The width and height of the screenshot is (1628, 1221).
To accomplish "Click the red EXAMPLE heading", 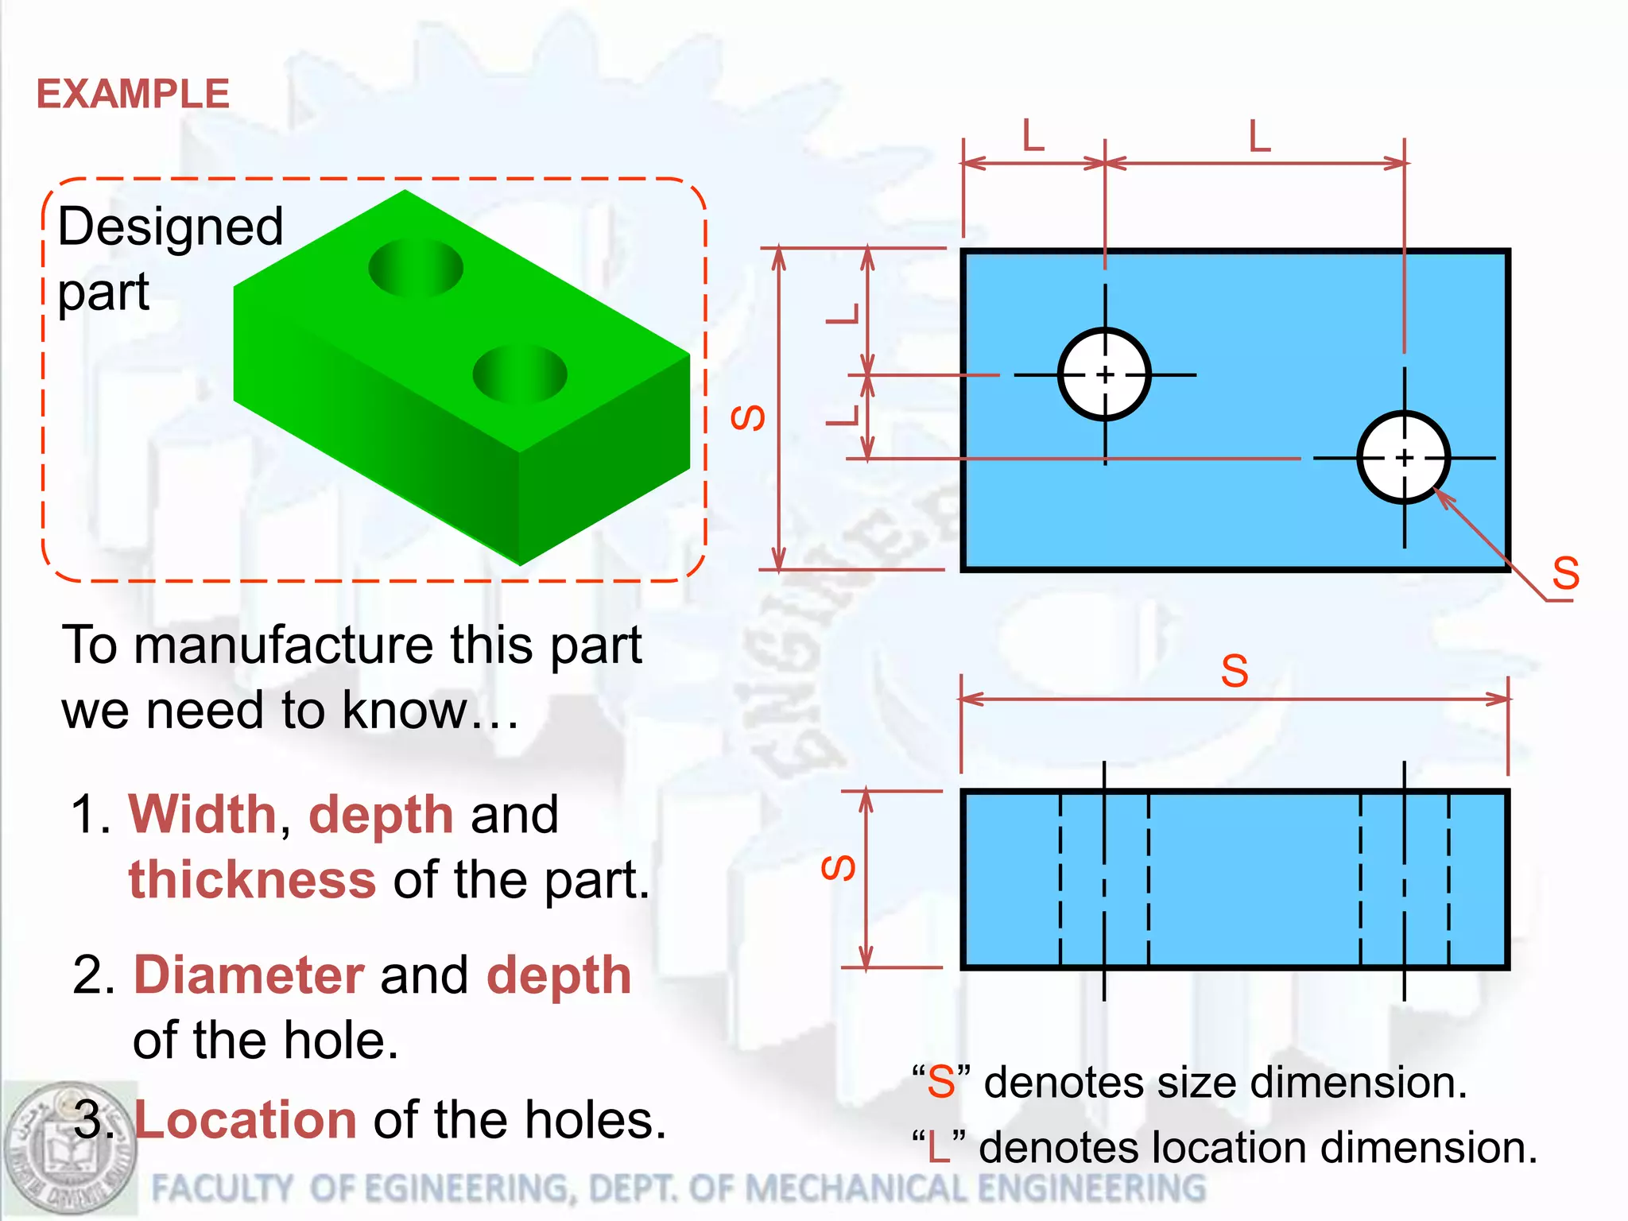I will pyautogui.click(x=133, y=94).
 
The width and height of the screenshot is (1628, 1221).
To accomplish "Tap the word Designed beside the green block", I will pyautogui.click(x=170, y=227).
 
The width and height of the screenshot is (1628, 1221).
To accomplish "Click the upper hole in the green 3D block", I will pyautogui.click(x=416, y=268).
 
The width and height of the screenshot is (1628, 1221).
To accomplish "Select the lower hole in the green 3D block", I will pyautogui.click(x=520, y=374).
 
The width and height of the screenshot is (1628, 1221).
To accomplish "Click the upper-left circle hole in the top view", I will pyautogui.click(x=1105, y=374).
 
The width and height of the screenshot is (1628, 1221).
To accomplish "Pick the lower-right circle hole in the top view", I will pyautogui.click(x=1404, y=458).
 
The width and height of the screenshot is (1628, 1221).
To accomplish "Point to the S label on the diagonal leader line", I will pyautogui.click(x=1565, y=573).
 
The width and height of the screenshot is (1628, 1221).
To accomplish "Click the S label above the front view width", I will pyautogui.click(x=1235, y=671).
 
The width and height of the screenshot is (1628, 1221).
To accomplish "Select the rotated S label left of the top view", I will pyautogui.click(x=748, y=417).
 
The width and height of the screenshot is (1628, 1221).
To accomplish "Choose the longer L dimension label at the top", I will pyautogui.click(x=1260, y=137).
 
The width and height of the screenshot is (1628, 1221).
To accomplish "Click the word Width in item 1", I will pyautogui.click(x=202, y=815).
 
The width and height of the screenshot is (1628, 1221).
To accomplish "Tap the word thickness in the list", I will pyautogui.click(x=252, y=880).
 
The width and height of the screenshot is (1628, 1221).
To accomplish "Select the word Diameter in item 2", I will pyautogui.click(x=249, y=975).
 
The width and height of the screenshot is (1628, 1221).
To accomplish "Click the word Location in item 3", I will pyautogui.click(x=246, y=1120).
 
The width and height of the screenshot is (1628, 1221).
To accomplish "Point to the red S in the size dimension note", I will pyautogui.click(x=941, y=1083).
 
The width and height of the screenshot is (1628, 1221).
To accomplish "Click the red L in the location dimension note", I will pyautogui.click(x=939, y=1148).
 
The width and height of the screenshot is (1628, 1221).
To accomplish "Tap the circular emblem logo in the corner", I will pyautogui.click(x=70, y=1149).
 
